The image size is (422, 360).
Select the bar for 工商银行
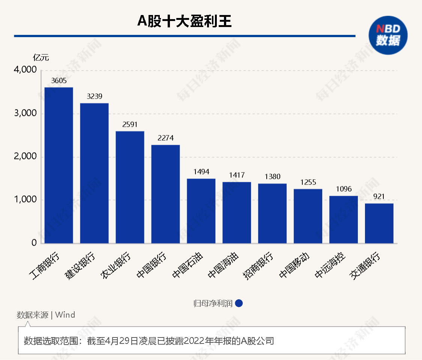pyautogui.click(x=59, y=165)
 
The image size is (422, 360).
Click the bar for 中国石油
pyautogui.click(x=201, y=211)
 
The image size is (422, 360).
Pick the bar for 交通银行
pyautogui.click(x=379, y=223)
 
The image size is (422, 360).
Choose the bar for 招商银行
pyautogui.click(x=272, y=213)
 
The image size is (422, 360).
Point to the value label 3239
pyautogui.click(x=94, y=96)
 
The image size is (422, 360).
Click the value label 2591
pyautogui.click(x=130, y=124)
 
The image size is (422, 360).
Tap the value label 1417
pyautogui.click(x=237, y=175)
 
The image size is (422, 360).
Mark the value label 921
pyautogui.click(x=379, y=196)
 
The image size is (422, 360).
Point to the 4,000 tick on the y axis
pyautogui.click(x=25, y=70)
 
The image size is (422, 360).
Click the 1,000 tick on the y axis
pyautogui.click(x=25, y=200)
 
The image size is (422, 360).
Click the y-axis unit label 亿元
pyautogui.click(x=41, y=58)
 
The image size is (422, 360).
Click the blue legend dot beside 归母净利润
pyautogui.click(x=239, y=303)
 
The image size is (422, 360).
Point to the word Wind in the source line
pyautogui.click(x=65, y=315)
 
